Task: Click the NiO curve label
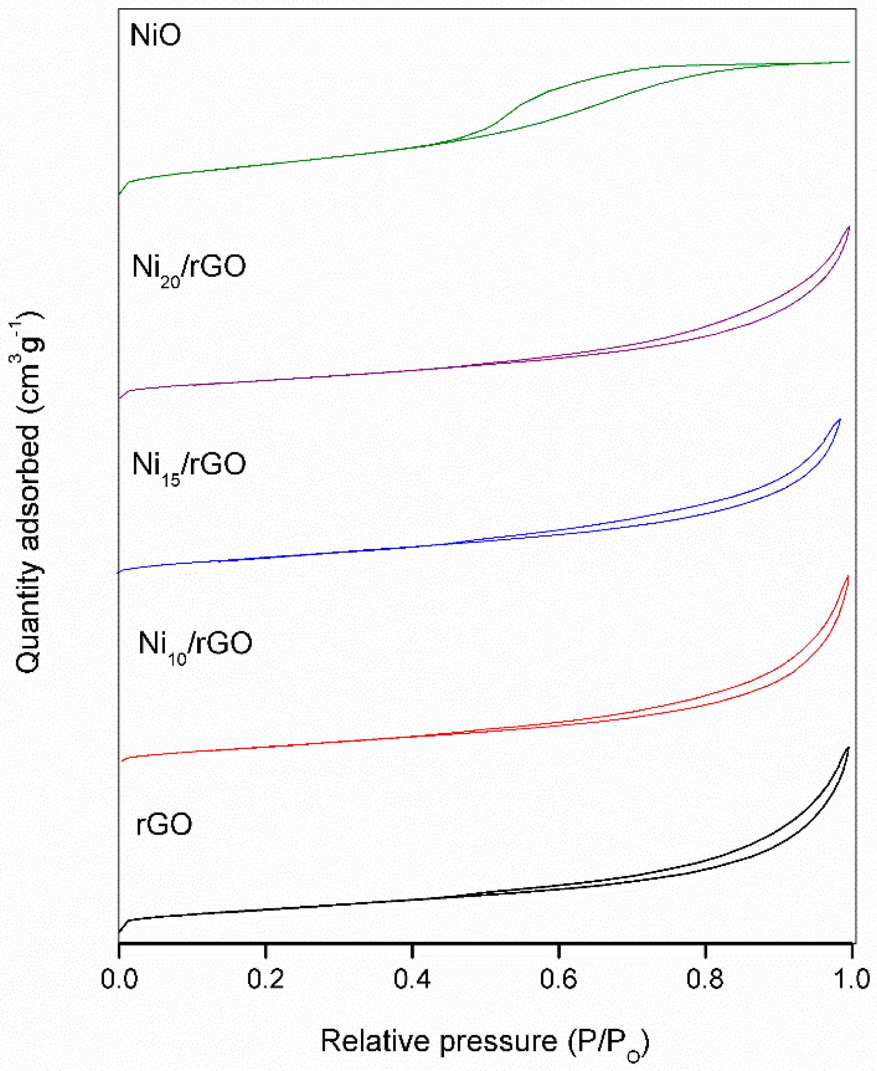click(x=155, y=35)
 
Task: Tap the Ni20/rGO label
click(x=189, y=268)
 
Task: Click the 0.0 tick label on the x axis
click(x=119, y=979)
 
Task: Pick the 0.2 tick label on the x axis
click(x=265, y=979)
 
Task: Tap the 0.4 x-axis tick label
click(x=412, y=979)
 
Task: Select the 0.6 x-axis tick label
click(x=558, y=979)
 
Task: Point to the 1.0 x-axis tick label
click(x=851, y=979)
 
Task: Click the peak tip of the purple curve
click(x=849, y=227)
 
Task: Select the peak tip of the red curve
click(x=848, y=576)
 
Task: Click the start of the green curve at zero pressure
click(x=119, y=193)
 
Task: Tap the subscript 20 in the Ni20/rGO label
click(x=170, y=282)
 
